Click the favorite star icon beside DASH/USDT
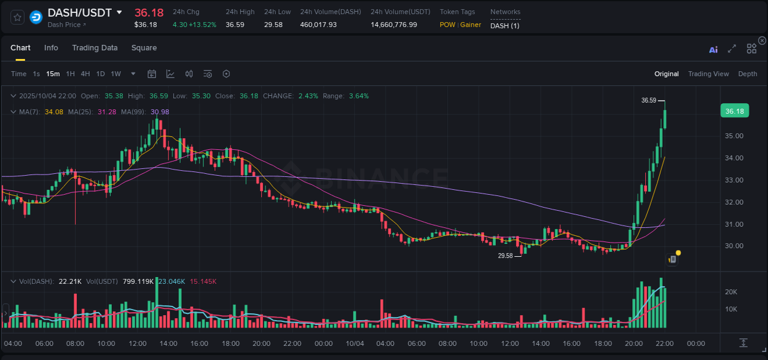17,17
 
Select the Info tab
51,48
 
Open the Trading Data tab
95,48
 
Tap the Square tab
144,48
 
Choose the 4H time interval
85,74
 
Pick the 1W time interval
116,74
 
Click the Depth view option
747,74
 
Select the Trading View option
708,74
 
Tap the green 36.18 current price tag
734,111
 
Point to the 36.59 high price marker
649,100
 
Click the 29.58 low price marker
505,256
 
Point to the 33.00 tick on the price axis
734,180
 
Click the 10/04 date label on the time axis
355,343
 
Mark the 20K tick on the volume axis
731,292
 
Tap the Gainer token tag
471,25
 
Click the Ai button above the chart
713,49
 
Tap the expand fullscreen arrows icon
732,49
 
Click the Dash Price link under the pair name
66,25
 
